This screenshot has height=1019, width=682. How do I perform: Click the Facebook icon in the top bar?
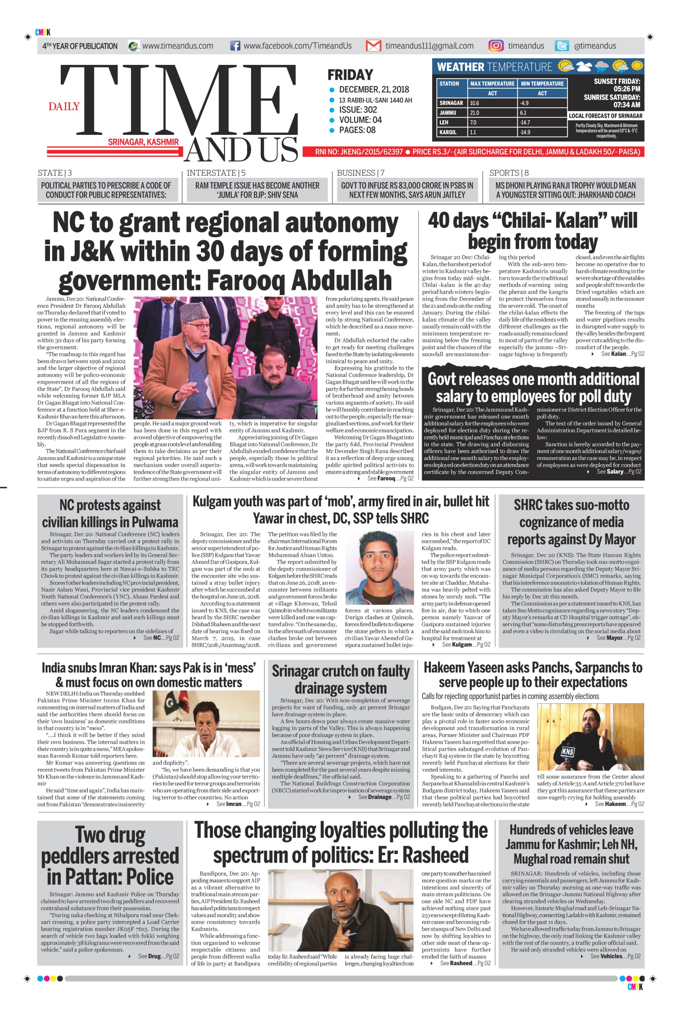(235, 46)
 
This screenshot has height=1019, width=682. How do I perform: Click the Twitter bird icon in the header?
(562, 46)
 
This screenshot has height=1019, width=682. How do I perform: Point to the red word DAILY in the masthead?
(64, 107)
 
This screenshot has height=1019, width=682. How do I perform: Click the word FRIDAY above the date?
(350, 75)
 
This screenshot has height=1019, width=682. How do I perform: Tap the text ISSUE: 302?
(357, 110)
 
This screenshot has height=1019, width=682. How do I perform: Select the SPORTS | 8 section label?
(509, 173)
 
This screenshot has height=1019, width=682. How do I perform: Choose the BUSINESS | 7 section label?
(361, 173)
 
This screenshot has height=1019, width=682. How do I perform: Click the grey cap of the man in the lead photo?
(193, 312)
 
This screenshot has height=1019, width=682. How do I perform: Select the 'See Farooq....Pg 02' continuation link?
(390, 479)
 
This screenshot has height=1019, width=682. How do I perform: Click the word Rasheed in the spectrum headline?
(436, 855)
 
